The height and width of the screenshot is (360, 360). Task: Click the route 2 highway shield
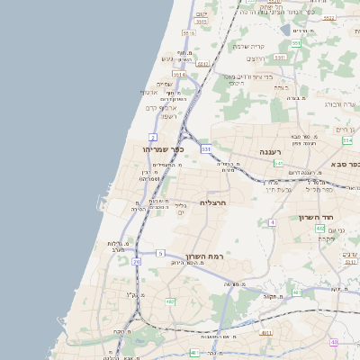pos(153,137)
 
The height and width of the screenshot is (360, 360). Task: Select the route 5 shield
pos(161,254)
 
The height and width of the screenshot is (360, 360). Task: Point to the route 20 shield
pos(137,261)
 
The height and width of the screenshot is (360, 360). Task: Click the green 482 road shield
pos(170,301)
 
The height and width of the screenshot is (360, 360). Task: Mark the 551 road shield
pos(296,42)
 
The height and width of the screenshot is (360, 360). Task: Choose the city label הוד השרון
pos(318,218)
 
